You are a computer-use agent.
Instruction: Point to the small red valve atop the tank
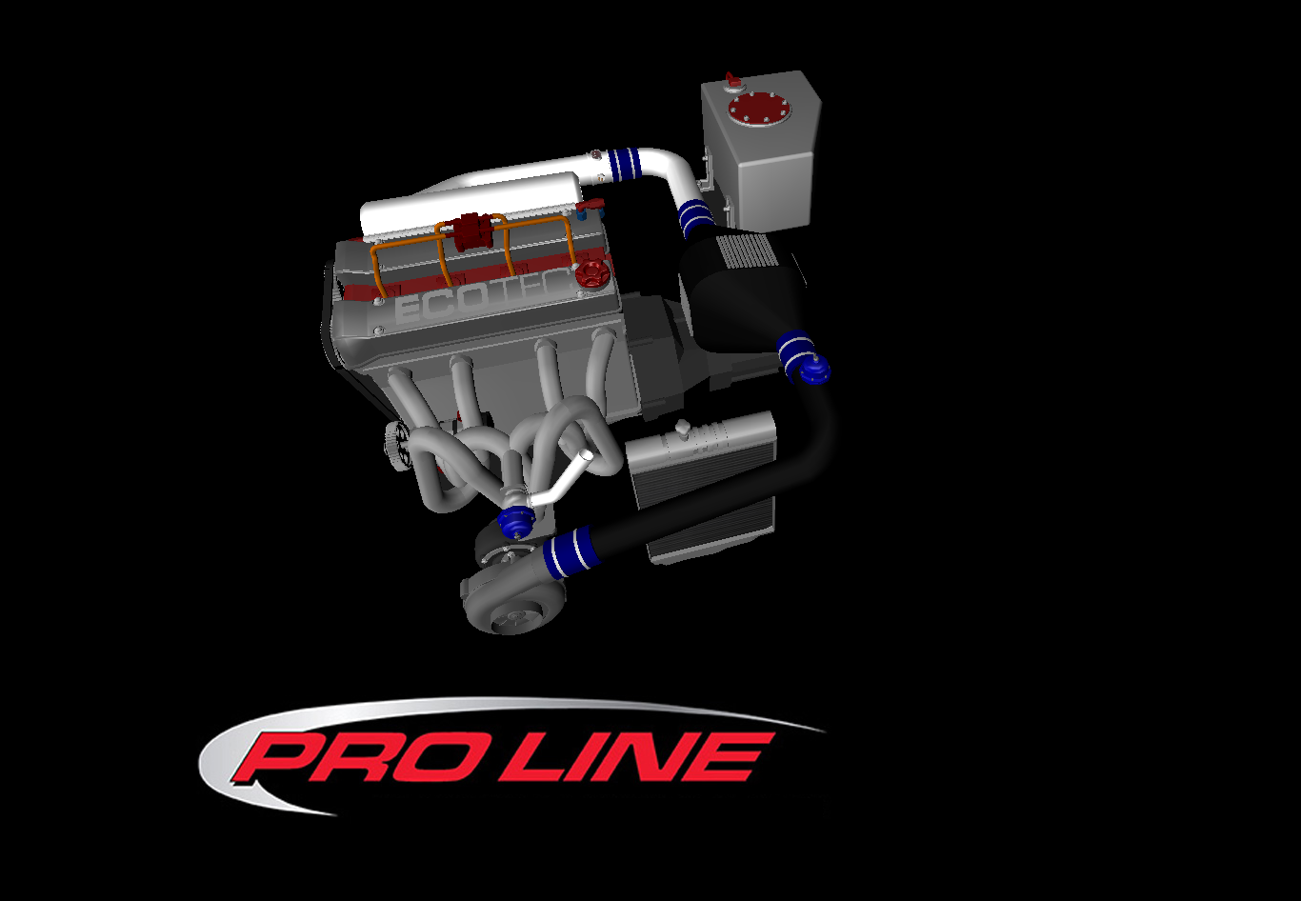[x=731, y=79]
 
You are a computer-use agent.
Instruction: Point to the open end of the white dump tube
[x=589, y=457]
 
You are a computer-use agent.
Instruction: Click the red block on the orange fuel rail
[x=470, y=231]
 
